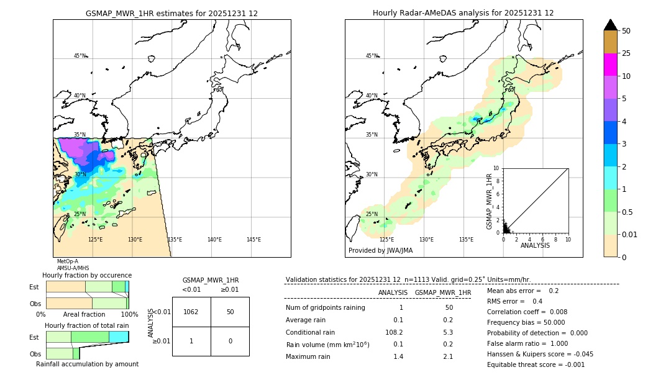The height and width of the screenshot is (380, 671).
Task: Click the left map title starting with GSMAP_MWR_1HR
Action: click(x=171, y=13)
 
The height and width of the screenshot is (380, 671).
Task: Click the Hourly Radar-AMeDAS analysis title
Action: click(x=463, y=13)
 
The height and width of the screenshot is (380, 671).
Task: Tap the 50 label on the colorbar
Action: click(x=626, y=31)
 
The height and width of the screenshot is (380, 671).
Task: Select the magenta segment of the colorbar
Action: click(x=611, y=65)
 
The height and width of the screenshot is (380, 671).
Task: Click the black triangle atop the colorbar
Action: click(x=611, y=25)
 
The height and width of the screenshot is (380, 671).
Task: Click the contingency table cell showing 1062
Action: click(x=191, y=312)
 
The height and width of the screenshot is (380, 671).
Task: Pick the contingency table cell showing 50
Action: click(x=230, y=312)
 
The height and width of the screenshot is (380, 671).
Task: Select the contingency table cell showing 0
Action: click(x=230, y=341)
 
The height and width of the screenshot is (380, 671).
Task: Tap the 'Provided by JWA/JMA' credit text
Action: click(x=380, y=251)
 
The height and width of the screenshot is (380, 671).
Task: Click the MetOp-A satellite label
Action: click(x=68, y=261)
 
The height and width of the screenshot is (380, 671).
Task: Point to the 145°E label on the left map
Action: click(x=253, y=240)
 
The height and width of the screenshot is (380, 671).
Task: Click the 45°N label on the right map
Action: click(x=372, y=56)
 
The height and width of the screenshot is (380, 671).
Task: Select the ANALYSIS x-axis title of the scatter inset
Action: click(x=535, y=245)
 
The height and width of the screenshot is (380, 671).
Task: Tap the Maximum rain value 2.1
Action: click(x=448, y=356)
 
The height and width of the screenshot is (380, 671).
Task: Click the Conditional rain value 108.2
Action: click(x=393, y=332)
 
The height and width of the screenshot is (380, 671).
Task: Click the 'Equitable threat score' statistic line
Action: click(x=536, y=364)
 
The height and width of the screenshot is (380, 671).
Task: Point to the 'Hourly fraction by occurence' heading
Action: click(x=87, y=275)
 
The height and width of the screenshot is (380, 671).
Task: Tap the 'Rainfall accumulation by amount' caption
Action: click(x=87, y=364)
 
